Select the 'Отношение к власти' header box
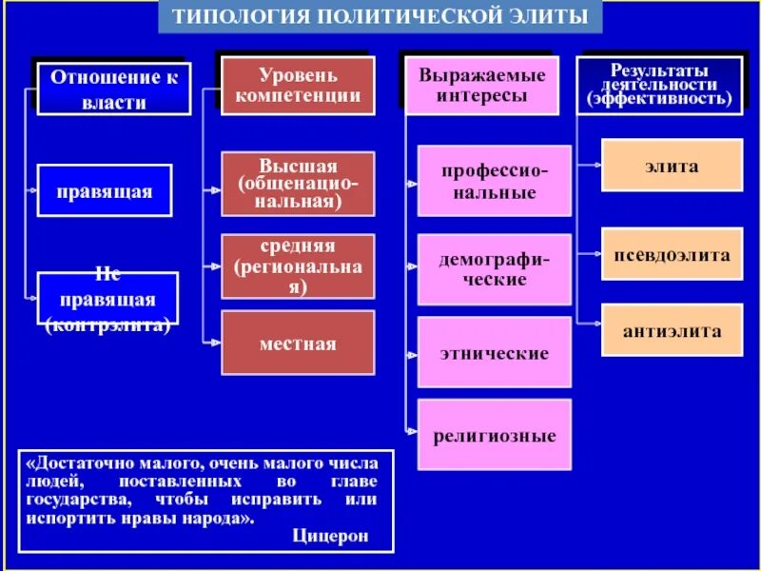(113, 89)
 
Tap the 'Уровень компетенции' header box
(298, 86)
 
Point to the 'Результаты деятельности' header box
(658, 86)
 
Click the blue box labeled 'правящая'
(105, 190)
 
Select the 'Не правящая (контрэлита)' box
(107, 299)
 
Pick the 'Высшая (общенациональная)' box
(298, 184)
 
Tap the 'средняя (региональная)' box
(298, 266)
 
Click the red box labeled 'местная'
(298, 344)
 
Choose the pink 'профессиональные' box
(494, 181)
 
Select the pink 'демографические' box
(494, 269)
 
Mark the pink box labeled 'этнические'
(494, 353)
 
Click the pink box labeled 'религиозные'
(494, 436)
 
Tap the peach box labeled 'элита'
(672, 166)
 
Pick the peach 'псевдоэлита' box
(672, 255)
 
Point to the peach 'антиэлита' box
(672, 330)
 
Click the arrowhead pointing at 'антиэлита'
(597, 330)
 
